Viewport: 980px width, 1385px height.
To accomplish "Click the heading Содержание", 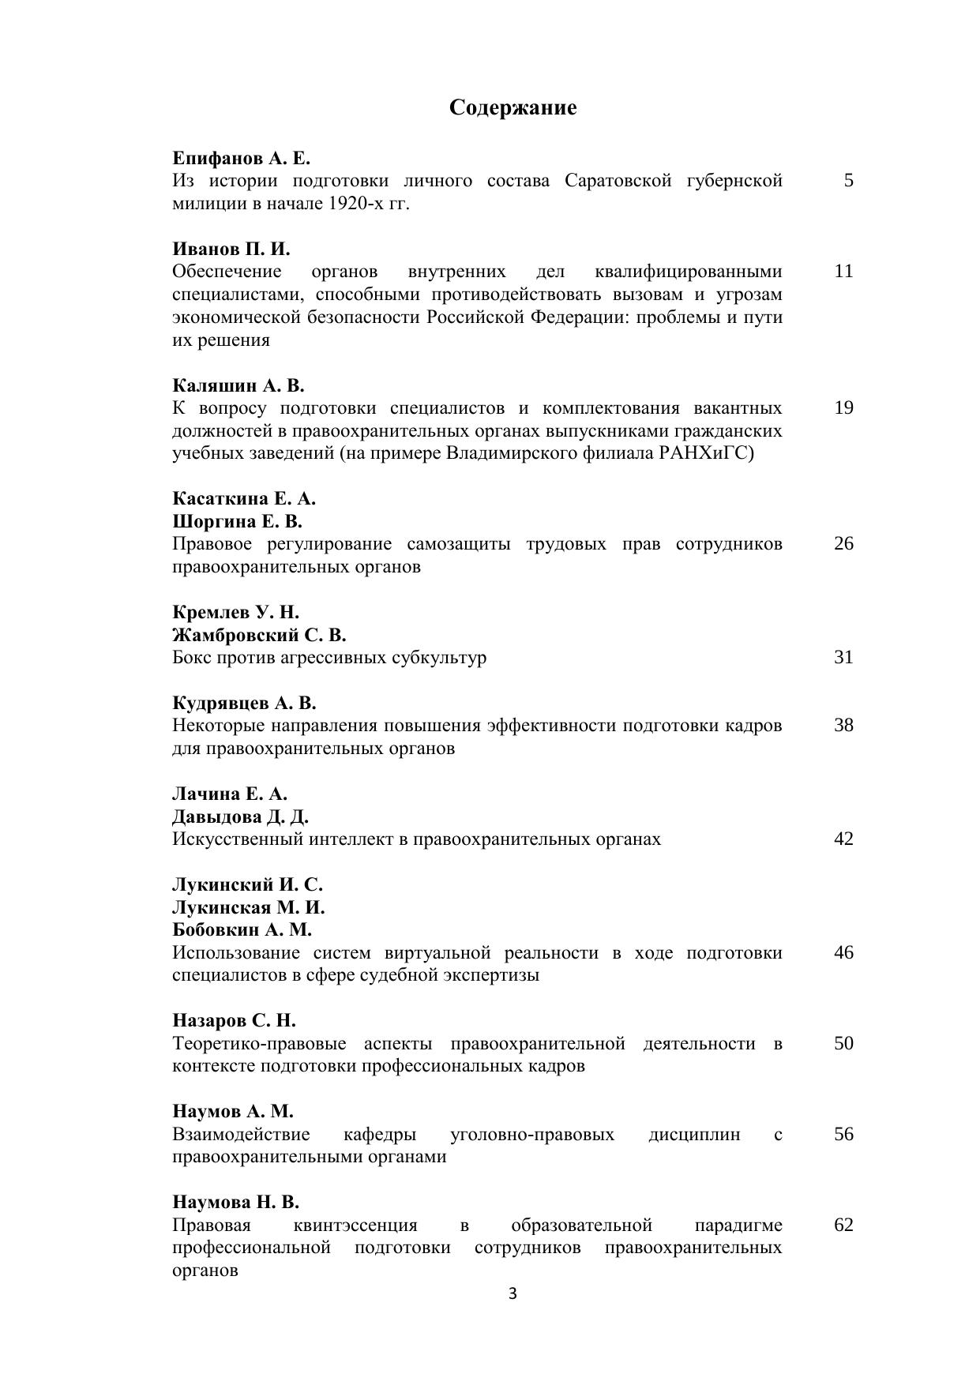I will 513,107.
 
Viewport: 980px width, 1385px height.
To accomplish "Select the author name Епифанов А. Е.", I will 242,158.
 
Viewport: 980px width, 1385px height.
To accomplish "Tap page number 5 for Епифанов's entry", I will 848,181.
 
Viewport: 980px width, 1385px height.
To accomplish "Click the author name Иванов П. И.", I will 231,249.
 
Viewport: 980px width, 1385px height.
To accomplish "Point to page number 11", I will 843,272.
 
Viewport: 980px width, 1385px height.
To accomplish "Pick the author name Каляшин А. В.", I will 238,385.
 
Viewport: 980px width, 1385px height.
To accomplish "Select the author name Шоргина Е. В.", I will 238,521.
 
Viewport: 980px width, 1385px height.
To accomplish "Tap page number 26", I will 843,544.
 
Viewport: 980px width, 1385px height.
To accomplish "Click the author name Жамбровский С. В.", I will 259,635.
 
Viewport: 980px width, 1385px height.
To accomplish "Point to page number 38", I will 843,726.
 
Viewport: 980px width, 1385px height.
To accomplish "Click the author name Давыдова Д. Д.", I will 240,816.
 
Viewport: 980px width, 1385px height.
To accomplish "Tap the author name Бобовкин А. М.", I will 242,929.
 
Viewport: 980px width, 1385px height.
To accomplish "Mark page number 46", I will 843,952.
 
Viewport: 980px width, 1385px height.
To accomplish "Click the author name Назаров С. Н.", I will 234,1020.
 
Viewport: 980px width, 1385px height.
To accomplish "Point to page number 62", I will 843,1225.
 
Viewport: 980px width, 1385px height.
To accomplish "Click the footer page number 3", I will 513,1293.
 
